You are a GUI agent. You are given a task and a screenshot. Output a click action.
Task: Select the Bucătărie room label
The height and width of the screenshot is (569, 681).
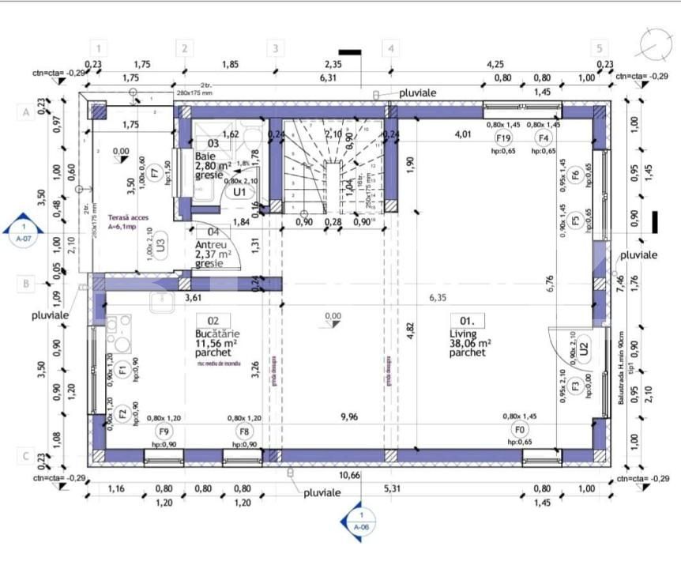tap(216, 333)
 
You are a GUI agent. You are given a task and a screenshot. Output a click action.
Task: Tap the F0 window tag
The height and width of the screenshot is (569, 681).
tap(519, 431)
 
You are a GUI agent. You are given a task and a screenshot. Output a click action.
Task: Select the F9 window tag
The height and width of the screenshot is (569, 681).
tap(164, 431)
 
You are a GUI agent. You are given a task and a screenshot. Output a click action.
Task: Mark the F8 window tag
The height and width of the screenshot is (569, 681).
tap(245, 431)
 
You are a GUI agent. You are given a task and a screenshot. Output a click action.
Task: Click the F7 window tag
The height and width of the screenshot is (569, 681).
tap(156, 169)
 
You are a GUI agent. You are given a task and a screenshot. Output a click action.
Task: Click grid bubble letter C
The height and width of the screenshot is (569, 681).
tap(25, 455)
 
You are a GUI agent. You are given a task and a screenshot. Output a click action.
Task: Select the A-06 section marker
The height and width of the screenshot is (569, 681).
tap(360, 521)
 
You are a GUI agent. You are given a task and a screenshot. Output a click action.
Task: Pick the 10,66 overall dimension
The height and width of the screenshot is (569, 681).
tap(347, 475)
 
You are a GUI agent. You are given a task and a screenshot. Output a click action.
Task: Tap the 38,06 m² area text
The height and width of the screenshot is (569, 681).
tap(470, 344)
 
